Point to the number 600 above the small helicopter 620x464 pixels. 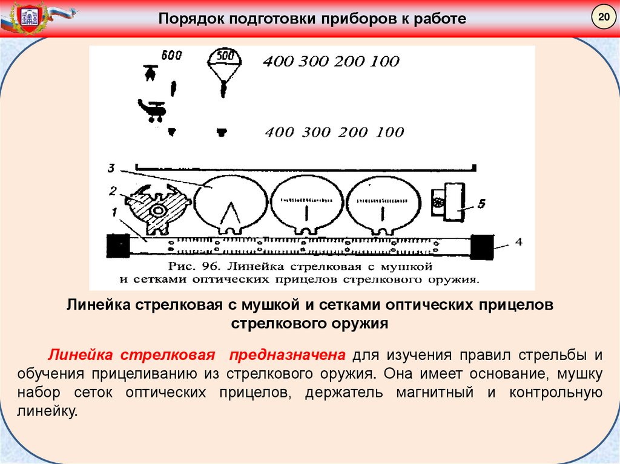[171, 56]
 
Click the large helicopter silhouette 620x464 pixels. [153, 110]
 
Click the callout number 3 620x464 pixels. [112, 168]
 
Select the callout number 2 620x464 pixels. [112, 191]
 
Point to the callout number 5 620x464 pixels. [481, 204]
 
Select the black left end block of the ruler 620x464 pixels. [118, 245]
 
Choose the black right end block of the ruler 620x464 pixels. [482, 246]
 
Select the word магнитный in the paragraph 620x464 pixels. [434, 393]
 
